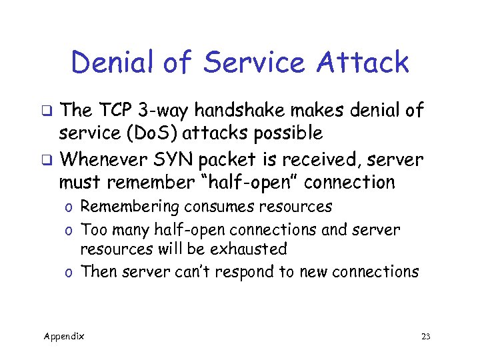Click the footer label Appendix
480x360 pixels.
coord(64,336)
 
